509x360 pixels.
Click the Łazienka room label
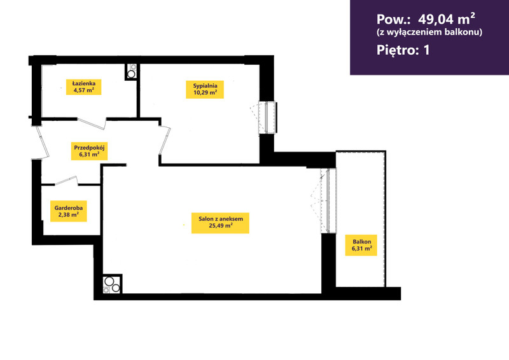(84, 87)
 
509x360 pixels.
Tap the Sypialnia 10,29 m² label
(205, 89)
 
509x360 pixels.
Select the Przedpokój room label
(89, 151)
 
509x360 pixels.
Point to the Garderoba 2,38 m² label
(69, 211)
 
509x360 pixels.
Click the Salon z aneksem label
(220, 223)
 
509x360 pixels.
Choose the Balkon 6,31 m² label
(361, 245)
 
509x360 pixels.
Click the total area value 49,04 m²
(447, 19)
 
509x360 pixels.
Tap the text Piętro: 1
(403, 50)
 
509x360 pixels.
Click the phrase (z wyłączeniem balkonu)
(429, 32)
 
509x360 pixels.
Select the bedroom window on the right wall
(267, 117)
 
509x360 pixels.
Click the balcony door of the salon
(328, 200)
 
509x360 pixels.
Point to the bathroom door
(92, 123)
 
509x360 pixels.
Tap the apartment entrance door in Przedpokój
(41, 143)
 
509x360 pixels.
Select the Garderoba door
(66, 181)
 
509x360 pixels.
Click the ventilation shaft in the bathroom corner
(131, 72)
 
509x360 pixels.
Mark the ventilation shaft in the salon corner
(112, 284)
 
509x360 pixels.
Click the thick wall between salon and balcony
(328, 263)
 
